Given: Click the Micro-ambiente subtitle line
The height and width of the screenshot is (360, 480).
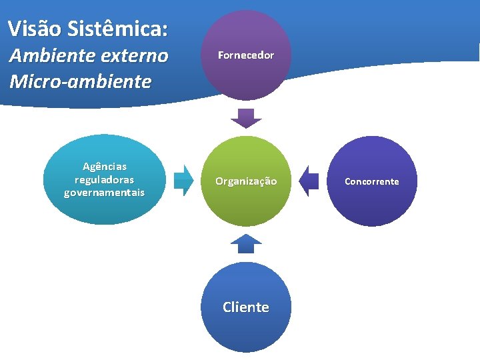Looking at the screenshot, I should click(81, 82).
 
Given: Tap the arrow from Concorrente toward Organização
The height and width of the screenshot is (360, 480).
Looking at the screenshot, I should click(309, 181).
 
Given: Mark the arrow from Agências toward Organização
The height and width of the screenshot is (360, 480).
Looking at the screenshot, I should click(183, 181).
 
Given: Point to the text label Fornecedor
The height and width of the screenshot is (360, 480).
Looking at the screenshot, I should click(246, 55).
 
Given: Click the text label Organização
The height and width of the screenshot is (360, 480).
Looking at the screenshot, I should click(246, 181).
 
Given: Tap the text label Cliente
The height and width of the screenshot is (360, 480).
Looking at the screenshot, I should click(246, 307).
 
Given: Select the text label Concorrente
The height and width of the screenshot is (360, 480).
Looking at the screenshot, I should click(372, 181).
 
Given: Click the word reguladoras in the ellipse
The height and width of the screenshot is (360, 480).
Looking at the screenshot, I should click(104, 179).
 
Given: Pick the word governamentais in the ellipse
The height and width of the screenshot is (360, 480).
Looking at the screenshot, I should click(104, 193).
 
